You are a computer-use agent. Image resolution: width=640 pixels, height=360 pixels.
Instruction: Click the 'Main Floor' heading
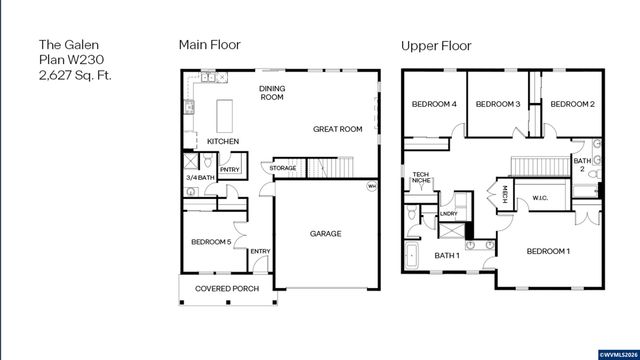point(209,45)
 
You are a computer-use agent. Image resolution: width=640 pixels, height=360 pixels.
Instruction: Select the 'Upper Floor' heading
point(437,45)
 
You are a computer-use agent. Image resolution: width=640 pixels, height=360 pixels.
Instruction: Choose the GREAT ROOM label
point(337,129)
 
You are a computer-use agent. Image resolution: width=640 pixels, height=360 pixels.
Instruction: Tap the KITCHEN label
point(222,142)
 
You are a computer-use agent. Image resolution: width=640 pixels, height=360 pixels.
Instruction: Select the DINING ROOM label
point(273,93)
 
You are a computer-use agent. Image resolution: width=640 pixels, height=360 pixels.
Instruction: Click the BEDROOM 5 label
point(211,242)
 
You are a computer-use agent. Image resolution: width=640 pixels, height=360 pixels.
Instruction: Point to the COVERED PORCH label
point(227,289)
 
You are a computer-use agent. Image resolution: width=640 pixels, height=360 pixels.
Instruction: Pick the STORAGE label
point(283,168)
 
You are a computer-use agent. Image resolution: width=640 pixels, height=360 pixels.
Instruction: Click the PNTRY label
point(229,170)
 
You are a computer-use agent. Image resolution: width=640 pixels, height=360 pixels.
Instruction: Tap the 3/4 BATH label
point(200,177)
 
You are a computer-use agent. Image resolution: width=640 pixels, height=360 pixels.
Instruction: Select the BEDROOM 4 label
point(434,104)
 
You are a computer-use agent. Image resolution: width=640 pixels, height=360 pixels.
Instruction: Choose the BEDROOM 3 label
point(497,104)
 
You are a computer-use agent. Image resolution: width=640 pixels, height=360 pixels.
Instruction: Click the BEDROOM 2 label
point(572,104)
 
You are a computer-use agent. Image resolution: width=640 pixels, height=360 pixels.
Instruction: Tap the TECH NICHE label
point(421,181)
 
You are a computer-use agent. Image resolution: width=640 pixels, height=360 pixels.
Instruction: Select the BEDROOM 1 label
point(548,250)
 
